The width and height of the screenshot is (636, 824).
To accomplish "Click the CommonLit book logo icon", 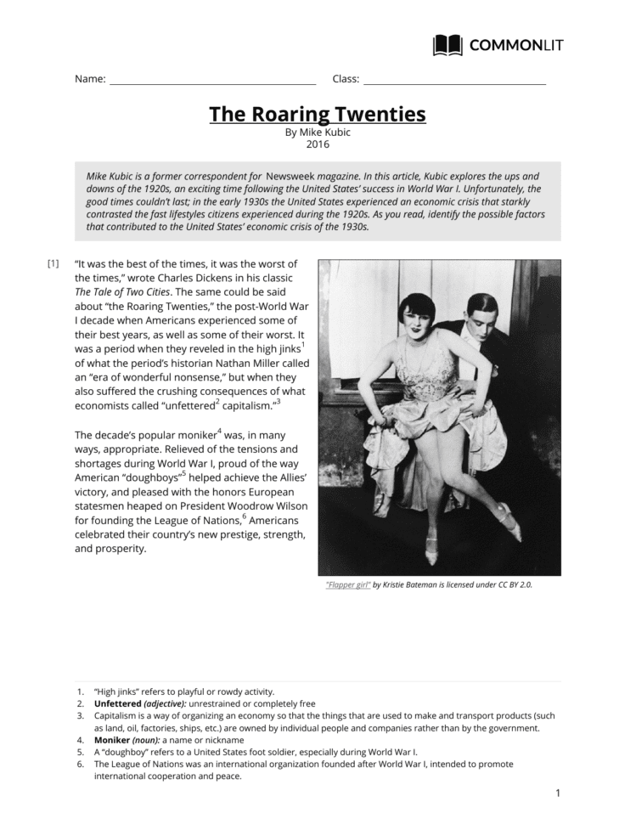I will tap(447, 45).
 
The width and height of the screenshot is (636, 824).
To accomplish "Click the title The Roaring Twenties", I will tap(318, 114).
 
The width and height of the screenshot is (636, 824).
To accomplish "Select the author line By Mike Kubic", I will tap(318, 133).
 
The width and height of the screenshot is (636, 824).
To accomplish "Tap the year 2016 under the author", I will tap(318, 144).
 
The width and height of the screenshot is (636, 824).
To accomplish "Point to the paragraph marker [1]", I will tap(53, 263).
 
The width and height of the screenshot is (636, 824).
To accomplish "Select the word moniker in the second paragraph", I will tap(190, 434).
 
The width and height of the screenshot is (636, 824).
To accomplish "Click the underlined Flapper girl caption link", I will tap(348, 584).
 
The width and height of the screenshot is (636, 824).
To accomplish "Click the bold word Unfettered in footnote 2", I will tap(117, 703).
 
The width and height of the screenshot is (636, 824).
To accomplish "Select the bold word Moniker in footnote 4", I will tap(113, 740).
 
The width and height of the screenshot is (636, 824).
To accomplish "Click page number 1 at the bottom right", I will tap(558, 793).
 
